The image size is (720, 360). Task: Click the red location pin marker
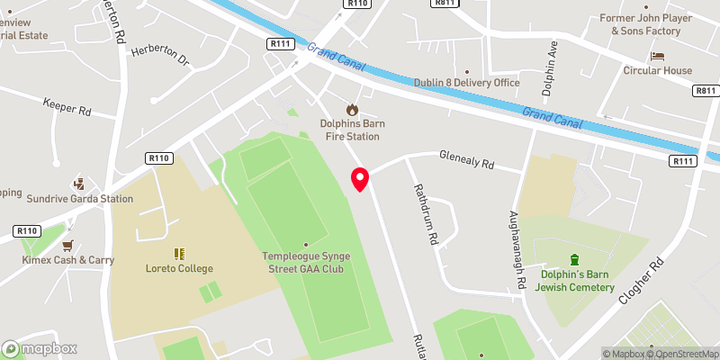point(360,179)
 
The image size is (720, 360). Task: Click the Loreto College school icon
point(179,254)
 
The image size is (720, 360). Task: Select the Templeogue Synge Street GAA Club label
point(306,263)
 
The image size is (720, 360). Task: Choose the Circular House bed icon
point(657,56)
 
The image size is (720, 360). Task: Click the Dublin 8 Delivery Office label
point(467,83)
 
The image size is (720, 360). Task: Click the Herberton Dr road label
point(161,58)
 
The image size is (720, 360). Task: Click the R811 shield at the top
point(443,4)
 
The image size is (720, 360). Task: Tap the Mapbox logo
point(40,349)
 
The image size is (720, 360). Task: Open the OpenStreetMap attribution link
point(682,354)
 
